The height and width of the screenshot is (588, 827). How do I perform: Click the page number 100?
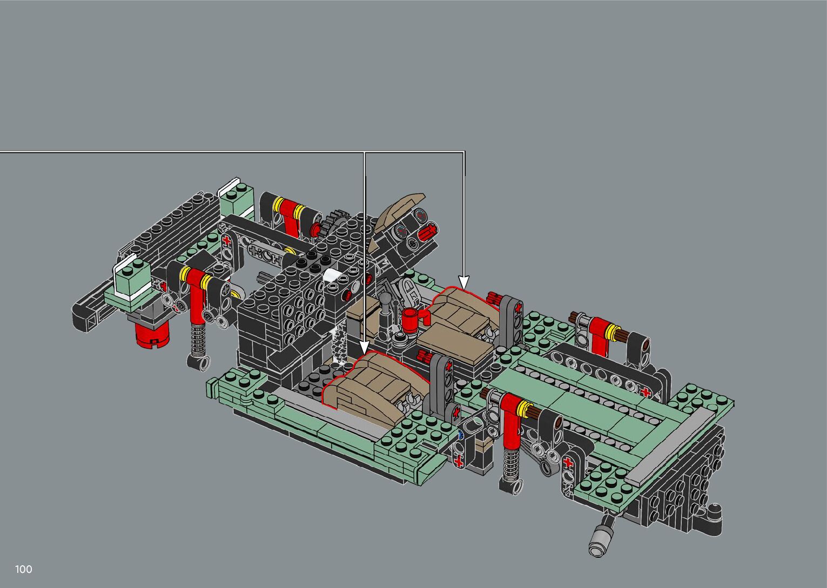point(24,569)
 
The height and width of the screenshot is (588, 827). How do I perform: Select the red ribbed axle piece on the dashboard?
point(428,232)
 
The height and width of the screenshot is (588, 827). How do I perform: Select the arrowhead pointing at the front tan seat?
point(364,348)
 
